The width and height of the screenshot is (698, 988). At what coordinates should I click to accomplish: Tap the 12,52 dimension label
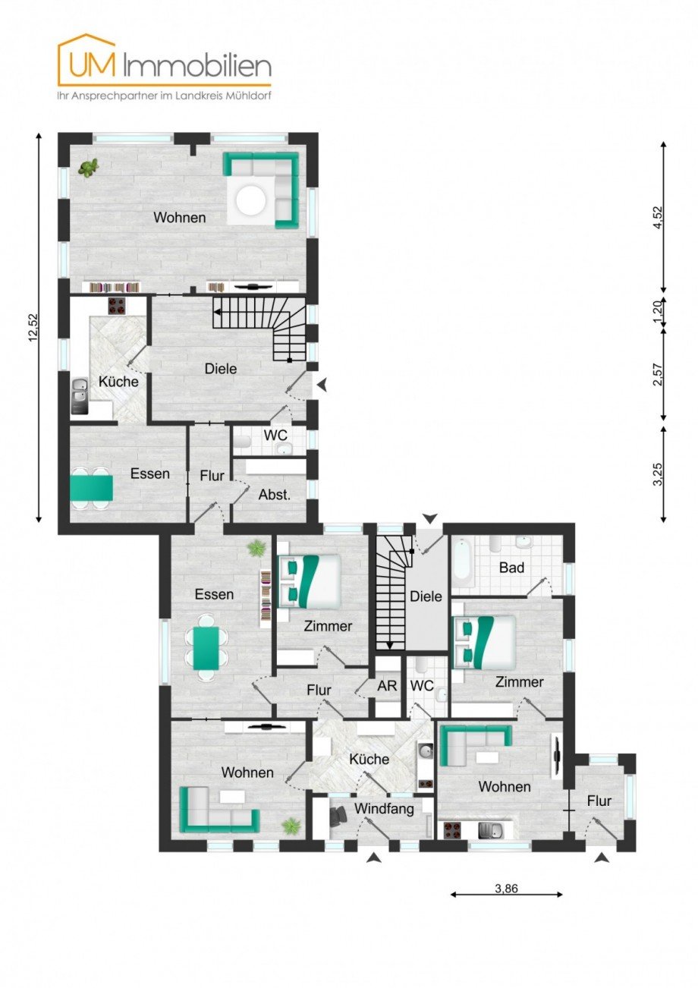(x=32, y=328)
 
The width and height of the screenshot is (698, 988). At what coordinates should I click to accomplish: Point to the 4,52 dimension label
(x=658, y=217)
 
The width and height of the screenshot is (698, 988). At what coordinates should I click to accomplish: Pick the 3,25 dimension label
(x=658, y=474)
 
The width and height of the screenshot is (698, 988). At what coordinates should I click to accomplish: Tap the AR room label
(x=387, y=685)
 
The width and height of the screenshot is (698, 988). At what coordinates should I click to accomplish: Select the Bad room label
(x=513, y=568)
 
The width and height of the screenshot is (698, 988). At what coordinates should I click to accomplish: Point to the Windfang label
(x=384, y=809)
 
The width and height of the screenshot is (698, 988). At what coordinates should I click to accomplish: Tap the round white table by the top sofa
(x=250, y=200)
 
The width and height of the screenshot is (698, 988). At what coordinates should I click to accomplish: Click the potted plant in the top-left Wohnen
(x=90, y=168)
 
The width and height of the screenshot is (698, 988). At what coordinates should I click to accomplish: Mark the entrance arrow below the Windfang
(x=373, y=857)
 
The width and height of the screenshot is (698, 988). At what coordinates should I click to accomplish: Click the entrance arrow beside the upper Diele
(x=323, y=385)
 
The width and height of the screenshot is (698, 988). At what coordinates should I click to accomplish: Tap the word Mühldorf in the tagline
(x=247, y=96)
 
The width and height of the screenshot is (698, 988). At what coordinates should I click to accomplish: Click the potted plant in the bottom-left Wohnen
(x=291, y=826)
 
